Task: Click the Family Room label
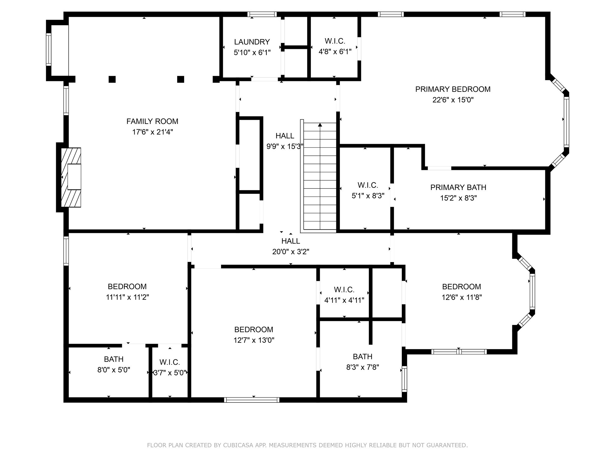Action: click(152, 121)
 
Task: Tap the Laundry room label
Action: click(252, 42)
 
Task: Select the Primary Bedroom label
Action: click(453, 89)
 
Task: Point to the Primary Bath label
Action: click(458, 187)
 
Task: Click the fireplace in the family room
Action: click(71, 177)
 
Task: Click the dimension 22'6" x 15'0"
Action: click(453, 100)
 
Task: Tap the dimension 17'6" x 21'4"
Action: click(153, 132)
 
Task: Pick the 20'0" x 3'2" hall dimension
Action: click(291, 252)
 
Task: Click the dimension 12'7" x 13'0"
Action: click(254, 340)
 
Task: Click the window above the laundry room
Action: click(262, 14)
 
